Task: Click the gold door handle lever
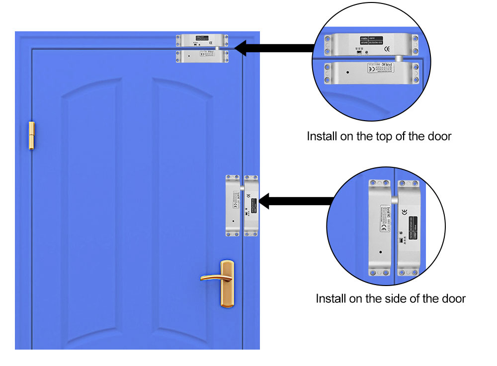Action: (211, 277)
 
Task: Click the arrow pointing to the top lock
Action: (273, 48)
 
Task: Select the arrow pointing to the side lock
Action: (296, 201)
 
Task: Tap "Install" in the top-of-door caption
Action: (322, 136)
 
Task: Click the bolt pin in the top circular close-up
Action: (400, 59)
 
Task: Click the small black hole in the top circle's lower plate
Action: (347, 73)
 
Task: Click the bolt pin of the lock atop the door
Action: (217, 49)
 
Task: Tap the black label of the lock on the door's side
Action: (252, 203)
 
